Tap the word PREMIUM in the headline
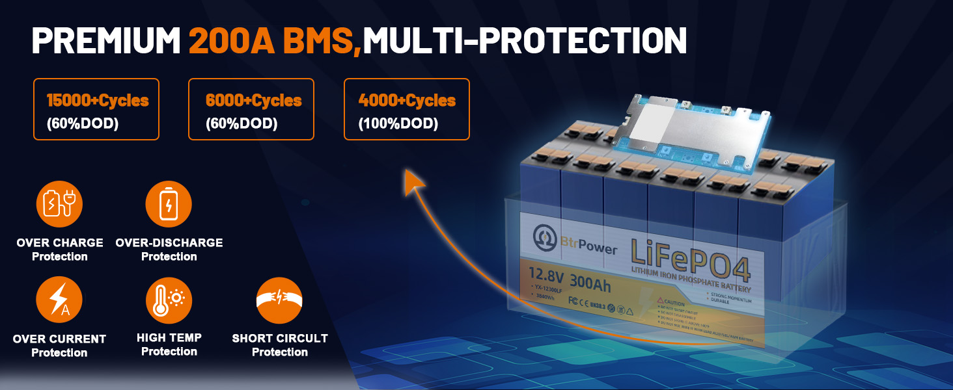pyautogui.click(x=106, y=41)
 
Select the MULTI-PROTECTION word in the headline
pyautogui.click(x=525, y=41)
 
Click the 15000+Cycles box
pyautogui.click(x=96, y=109)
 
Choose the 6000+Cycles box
pyautogui.click(x=251, y=109)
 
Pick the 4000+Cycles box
pyautogui.click(x=406, y=109)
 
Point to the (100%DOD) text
pyautogui.click(x=398, y=123)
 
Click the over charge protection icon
pyautogui.click(x=59, y=204)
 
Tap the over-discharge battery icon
pyautogui.click(x=169, y=204)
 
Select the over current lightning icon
pyautogui.click(x=59, y=300)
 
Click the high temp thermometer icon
pyautogui.click(x=169, y=300)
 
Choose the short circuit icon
pyautogui.click(x=279, y=300)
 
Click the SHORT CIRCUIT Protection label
pyautogui.click(x=280, y=345)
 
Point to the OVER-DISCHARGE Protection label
pyautogui.click(x=169, y=249)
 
